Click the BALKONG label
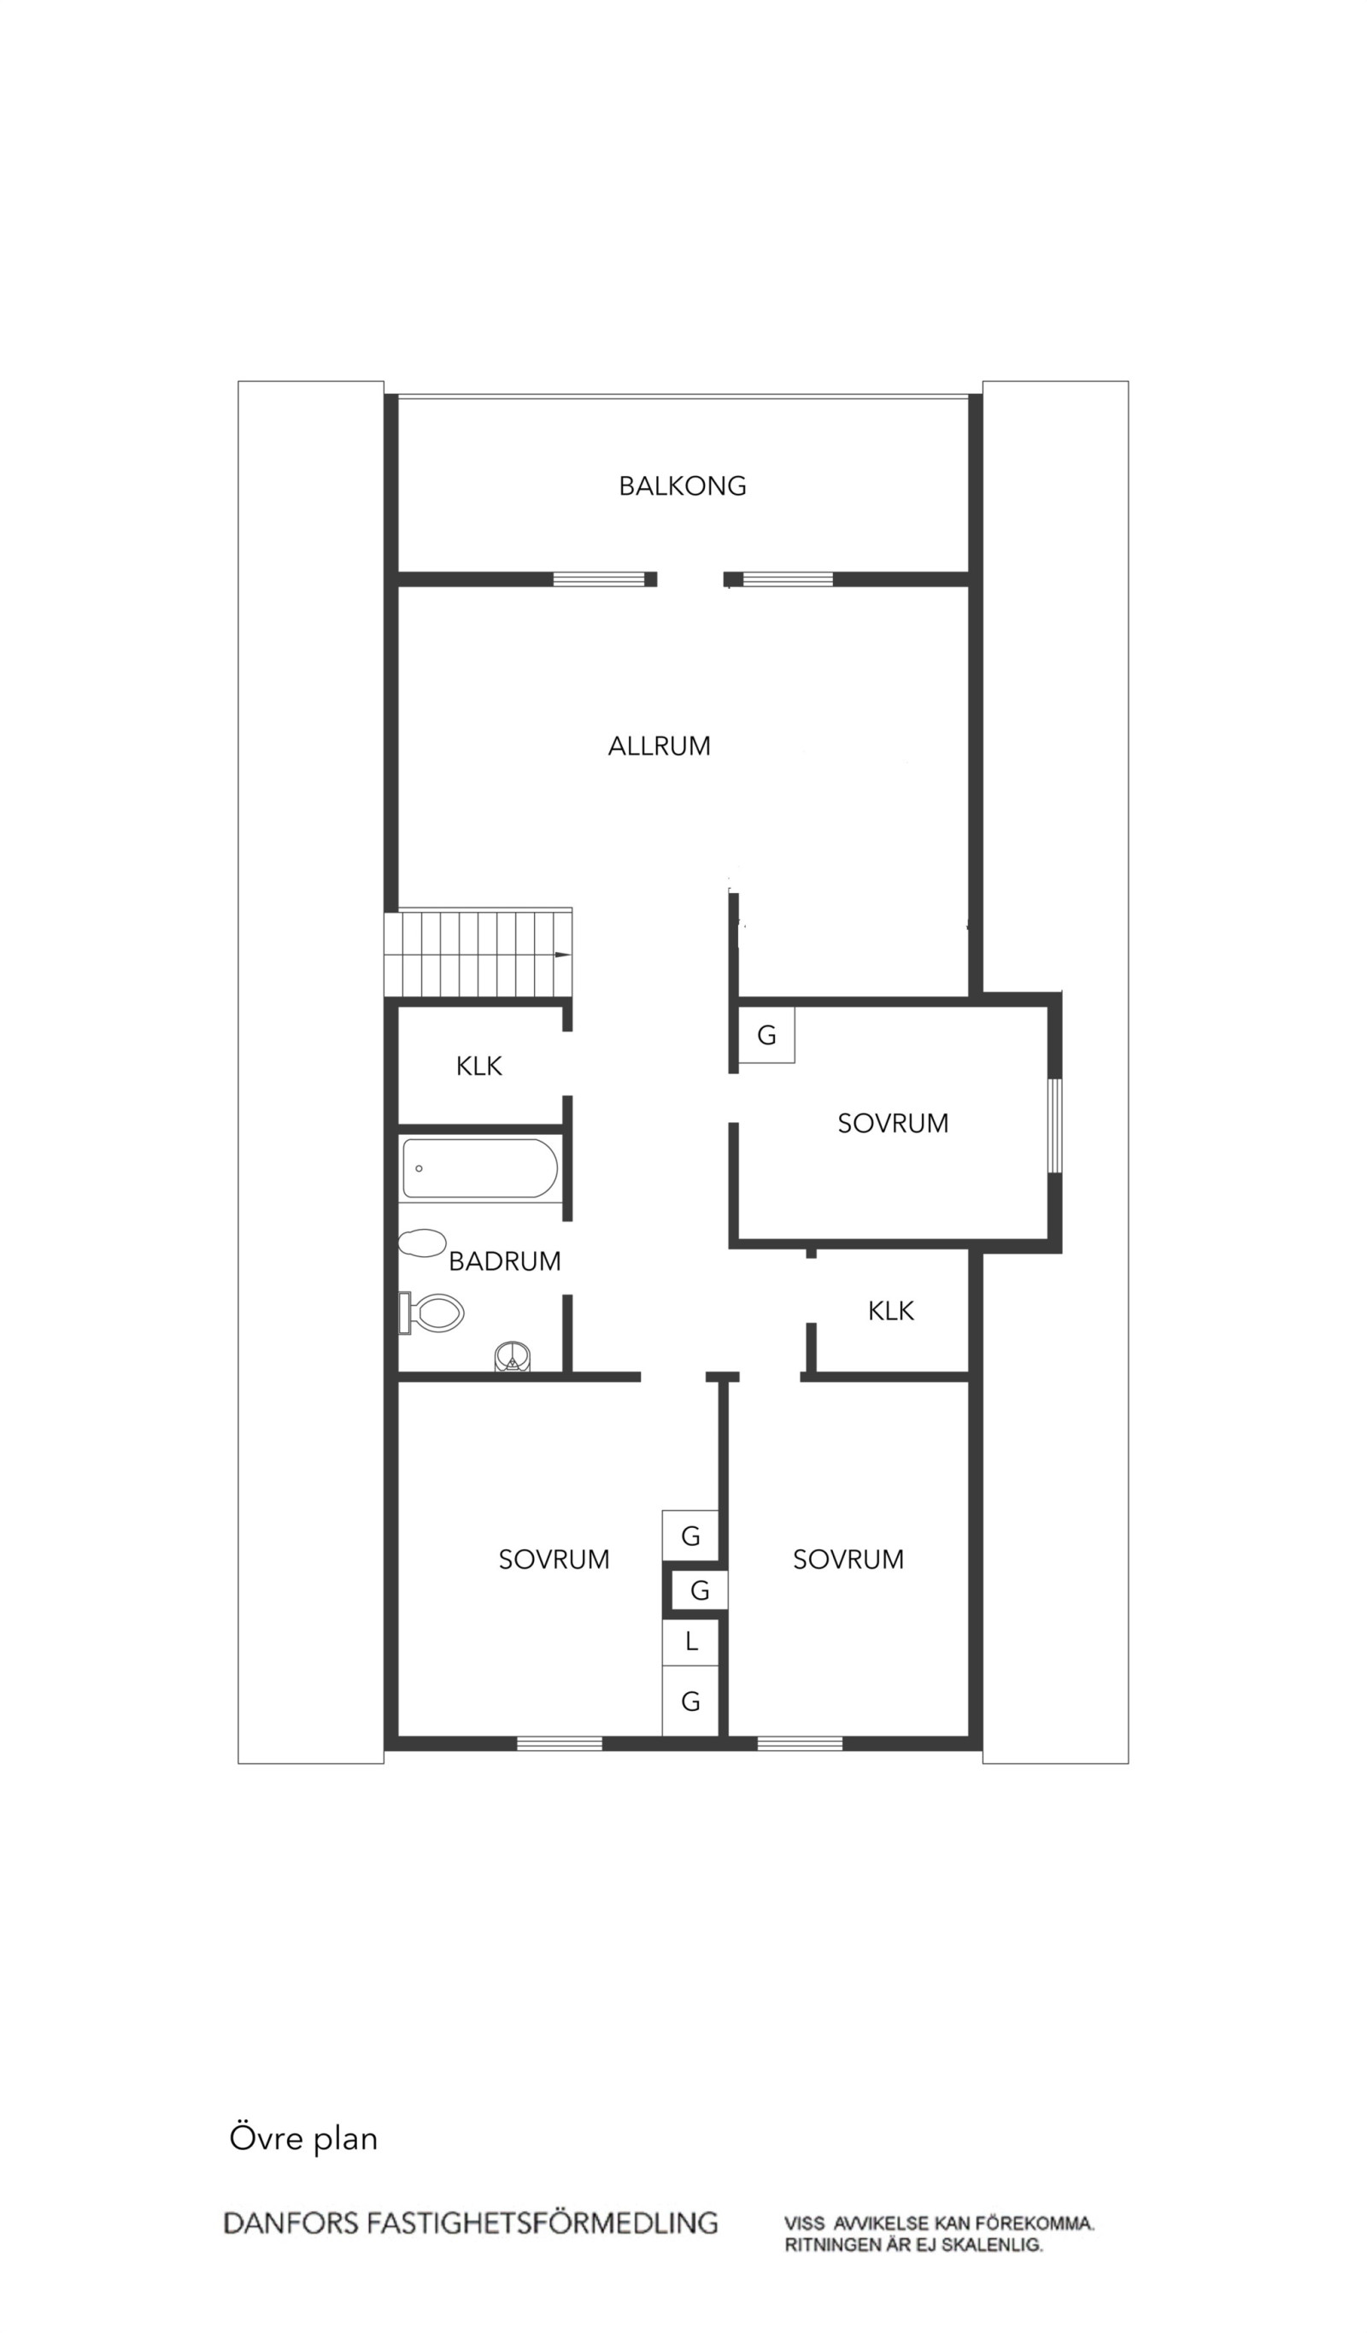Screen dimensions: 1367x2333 682,486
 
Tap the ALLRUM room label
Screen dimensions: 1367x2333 659,746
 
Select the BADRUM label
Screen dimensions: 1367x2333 504,1261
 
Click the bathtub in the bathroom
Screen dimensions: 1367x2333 480,1168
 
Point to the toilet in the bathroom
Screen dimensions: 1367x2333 431,1312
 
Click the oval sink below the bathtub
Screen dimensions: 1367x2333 422,1243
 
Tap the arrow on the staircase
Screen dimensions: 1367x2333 560,955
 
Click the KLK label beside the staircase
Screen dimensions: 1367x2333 478,1067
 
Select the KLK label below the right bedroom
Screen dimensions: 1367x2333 890,1311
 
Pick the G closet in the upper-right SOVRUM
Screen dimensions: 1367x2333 766,1035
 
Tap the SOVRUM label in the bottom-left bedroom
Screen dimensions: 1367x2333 554,1560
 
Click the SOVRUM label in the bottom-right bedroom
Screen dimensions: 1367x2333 848,1559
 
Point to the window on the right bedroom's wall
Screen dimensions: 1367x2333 1055,1125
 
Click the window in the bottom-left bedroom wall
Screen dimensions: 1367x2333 559,1744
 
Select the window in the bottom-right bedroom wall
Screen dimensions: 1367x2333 800,1744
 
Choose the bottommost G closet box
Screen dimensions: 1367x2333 690,1701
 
